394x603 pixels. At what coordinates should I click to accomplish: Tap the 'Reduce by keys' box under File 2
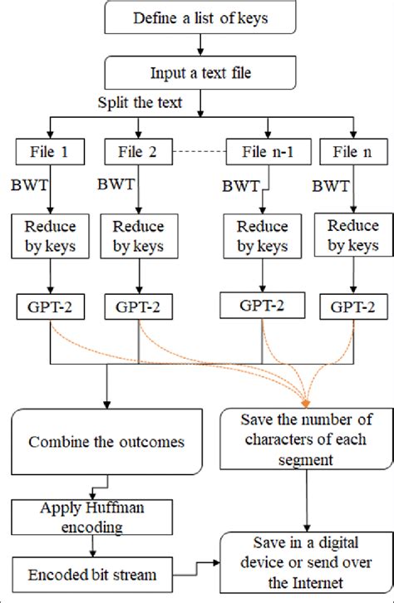(x=138, y=235)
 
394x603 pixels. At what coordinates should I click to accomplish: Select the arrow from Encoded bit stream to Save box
(x=198, y=566)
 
